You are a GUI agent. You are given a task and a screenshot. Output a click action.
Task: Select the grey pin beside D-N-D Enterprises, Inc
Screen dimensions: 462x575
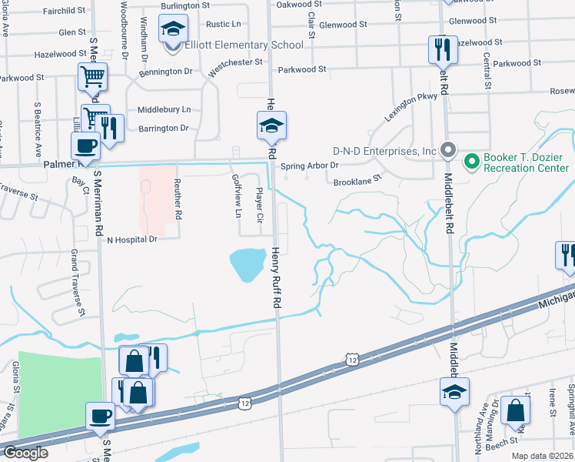[x=449, y=151]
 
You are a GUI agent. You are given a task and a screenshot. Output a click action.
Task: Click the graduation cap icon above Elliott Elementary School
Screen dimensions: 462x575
[x=174, y=31]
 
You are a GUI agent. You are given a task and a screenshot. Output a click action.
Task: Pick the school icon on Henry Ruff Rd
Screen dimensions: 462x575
[x=271, y=126]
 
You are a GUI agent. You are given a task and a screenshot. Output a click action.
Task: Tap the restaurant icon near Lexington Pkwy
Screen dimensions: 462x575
[x=442, y=50]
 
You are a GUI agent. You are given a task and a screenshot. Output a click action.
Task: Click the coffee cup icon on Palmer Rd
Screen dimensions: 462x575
[x=85, y=146]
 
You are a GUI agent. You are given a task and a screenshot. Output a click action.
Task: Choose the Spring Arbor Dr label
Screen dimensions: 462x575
[x=309, y=166]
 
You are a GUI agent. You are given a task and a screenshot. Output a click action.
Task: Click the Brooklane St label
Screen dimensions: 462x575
[x=357, y=182]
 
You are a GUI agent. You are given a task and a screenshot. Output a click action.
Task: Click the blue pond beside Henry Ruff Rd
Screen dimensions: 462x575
[x=247, y=264]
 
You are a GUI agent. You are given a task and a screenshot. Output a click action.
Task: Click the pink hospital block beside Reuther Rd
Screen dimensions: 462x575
[x=156, y=191]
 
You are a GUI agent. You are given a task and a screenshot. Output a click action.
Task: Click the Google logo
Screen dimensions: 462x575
[x=25, y=453]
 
